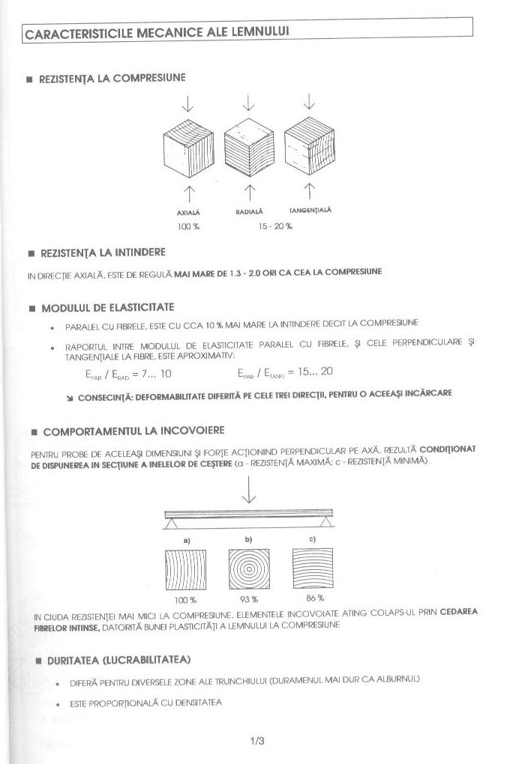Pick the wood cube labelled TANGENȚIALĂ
tap(309, 145)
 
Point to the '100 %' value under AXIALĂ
tap(188, 225)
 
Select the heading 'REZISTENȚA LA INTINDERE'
tap(103, 252)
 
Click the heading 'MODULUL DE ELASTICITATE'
tap(108, 308)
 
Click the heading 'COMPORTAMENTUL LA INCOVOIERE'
tap(133, 431)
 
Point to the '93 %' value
tap(249, 599)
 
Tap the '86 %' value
tap(315, 598)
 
